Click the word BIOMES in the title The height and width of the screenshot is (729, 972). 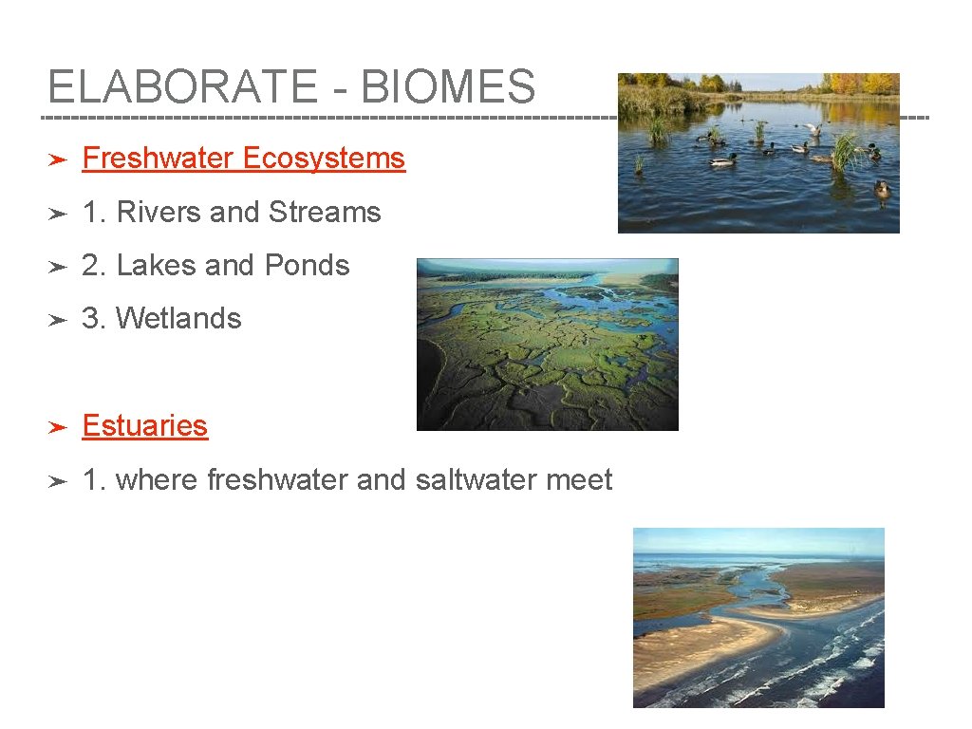pyautogui.click(x=448, y=87)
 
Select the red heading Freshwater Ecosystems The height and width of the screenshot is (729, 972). pyautogui.click(x=244, y=159)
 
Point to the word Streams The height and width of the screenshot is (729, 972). pyautogui.click(x=325, y=213)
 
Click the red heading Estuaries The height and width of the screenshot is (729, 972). pyautogui.click(x=145, y=426)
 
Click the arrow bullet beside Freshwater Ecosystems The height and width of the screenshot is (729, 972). pyautogui.click(x=57, y=160)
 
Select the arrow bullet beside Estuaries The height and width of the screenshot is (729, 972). pyautogui.click(x=57, y=428)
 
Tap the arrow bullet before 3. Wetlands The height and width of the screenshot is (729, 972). pyautogui.click(x=57, y=321)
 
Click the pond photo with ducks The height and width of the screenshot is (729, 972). pyautogui.click(x=758, y=153)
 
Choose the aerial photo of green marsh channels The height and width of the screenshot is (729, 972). pyautogui.click(x=548, y=345)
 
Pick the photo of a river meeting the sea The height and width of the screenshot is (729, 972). pyautogui.click(x=758, y=618)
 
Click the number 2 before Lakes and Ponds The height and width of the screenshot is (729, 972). pyautogui.click(x=91, y=266)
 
